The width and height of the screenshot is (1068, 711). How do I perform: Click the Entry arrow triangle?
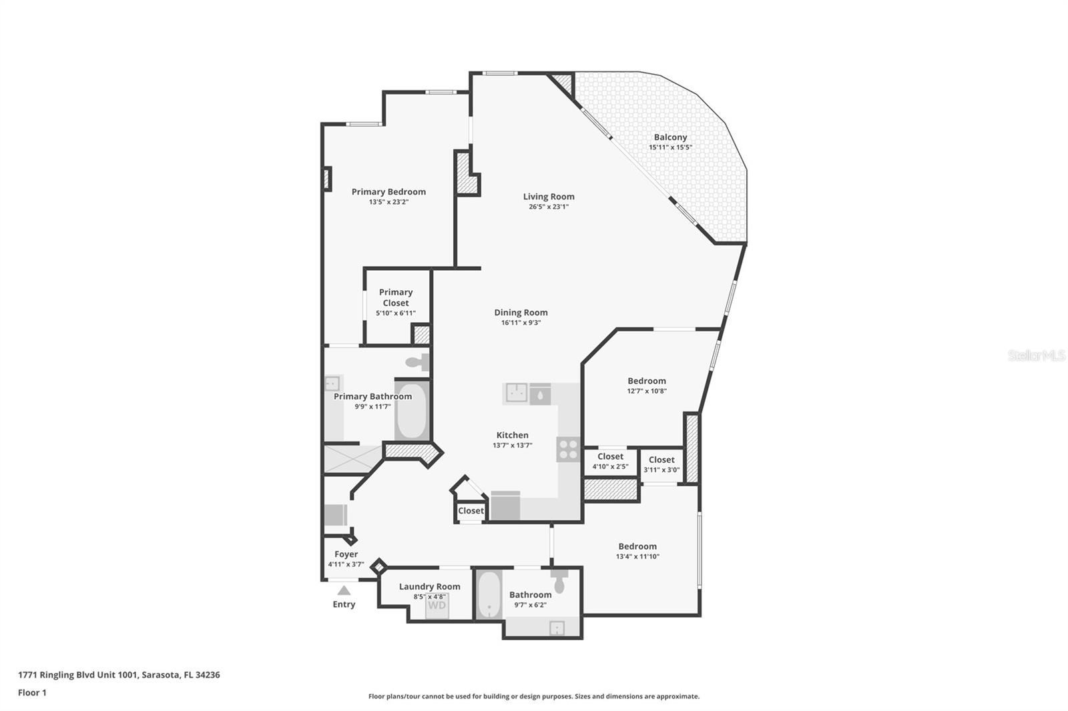pyautogui.click(x=344, y=590)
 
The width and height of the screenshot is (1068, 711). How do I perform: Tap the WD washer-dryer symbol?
pyautogui.click(x=437, y=606)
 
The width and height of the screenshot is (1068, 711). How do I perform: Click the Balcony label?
pyautogui.click(x=670, y=137)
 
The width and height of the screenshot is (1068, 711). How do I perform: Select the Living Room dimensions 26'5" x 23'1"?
pyautogui.click(x=549, y=207)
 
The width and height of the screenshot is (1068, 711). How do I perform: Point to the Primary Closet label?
pyautogui.click(x=396, y=297)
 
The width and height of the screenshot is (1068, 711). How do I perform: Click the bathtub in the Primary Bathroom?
pyautogui.click(x=412, y=410)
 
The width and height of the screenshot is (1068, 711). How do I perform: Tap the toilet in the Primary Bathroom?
pyautogui.click(x=418, y=362)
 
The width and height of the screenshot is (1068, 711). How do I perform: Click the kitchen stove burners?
pyautogui.click(x=568, y=449)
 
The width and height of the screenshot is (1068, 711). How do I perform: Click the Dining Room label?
pyautogui.click(x=521, y=312)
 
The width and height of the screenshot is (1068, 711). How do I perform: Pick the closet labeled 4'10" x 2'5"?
pyautogui.click(x=610, y=462)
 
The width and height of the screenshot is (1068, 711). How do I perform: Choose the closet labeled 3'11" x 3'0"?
pyautogui.click(x=661, y=464)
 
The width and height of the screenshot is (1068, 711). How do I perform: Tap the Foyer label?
pyautogui.click(x=346, y=554)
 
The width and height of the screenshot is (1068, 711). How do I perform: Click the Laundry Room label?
pyautogui.click(x=429, y=586)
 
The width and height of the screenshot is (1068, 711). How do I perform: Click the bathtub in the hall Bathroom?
pyautogui.click(x=489, y=595)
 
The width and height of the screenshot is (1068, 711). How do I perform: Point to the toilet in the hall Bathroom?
pyautogui.click(x=560, y=582)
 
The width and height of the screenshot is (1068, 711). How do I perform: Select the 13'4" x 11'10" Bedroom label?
pyautogui.click(x=637, y=546)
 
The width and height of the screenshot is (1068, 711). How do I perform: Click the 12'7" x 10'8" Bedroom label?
pyautogui.click(x=646, y=381)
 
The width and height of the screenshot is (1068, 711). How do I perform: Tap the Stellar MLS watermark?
pyautogui.click(x=1036, y=355)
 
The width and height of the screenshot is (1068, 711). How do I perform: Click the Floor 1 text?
pyautogui.click(x=32, y=692)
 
